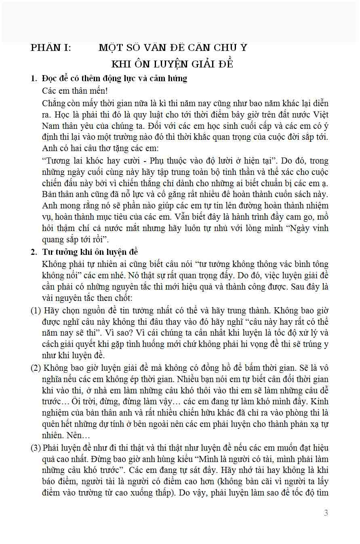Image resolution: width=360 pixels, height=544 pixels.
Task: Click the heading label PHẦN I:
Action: pyautogui.click(x=51, y=48)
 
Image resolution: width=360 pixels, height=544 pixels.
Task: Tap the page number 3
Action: pyautogui.click(x=326, y=513)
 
